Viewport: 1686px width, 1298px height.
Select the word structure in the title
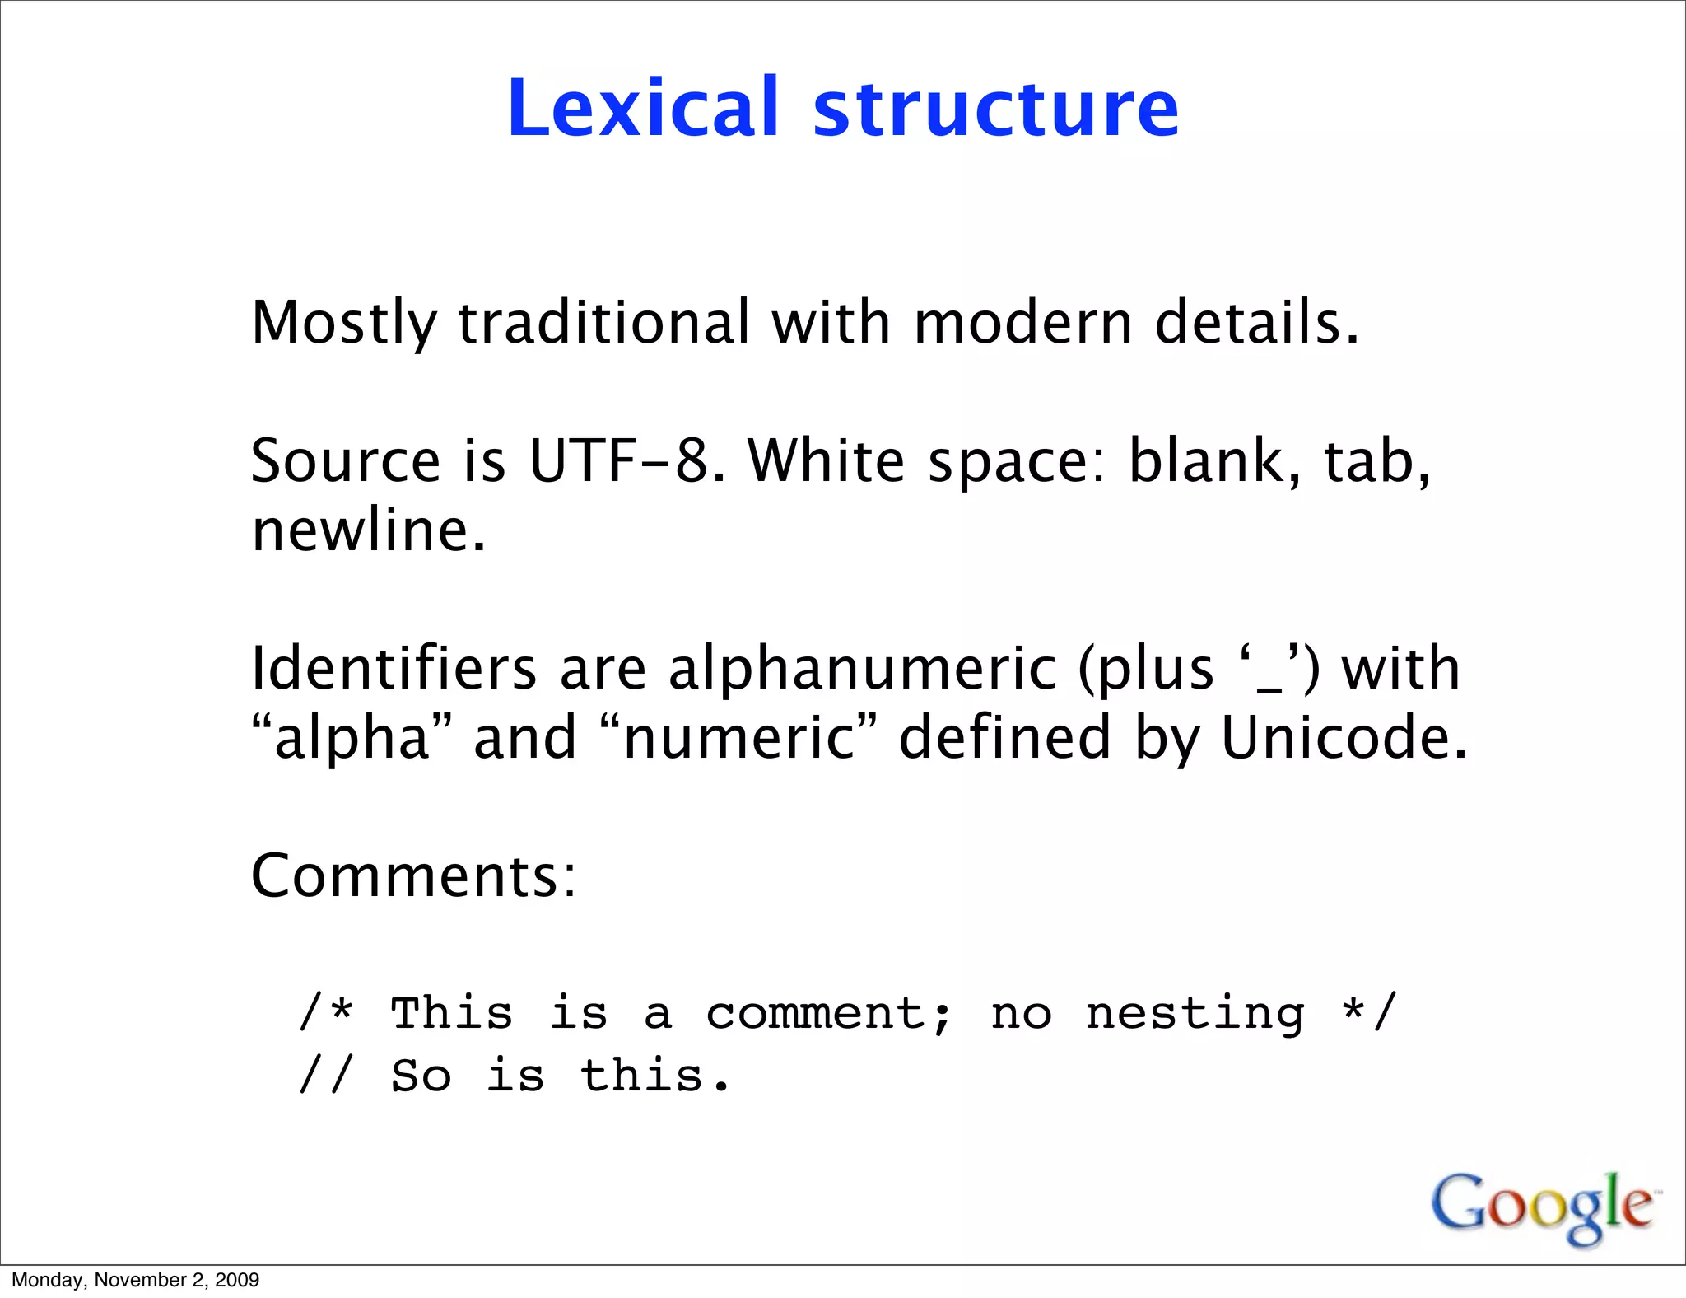996,110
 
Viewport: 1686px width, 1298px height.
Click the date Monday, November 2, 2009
135,1280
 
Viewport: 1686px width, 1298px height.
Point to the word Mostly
343,323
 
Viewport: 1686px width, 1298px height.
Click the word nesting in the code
1195,1014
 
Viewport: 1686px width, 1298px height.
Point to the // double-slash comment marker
326,1076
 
